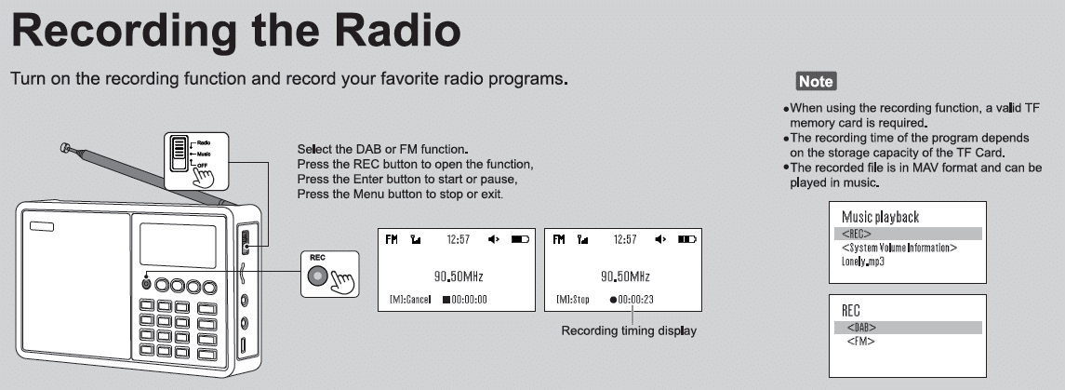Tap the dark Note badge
pos(816,81)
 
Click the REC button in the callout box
pos(317,276)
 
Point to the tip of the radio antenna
pos(64,146)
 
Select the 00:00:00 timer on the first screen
pos(464,299)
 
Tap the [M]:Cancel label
pos(410,299)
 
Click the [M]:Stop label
pos(573,299)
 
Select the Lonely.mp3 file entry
pos(862,262)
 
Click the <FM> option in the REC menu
pos(860,341)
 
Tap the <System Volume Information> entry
pos(899,248)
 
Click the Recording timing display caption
pos(628,330)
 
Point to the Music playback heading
pos(880,217)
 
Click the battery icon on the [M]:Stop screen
pos(687,239)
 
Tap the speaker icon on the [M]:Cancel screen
pos(494,239)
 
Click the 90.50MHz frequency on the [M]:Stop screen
pos(625,276)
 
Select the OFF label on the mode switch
pos(203,165)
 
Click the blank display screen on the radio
pos(178,246)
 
